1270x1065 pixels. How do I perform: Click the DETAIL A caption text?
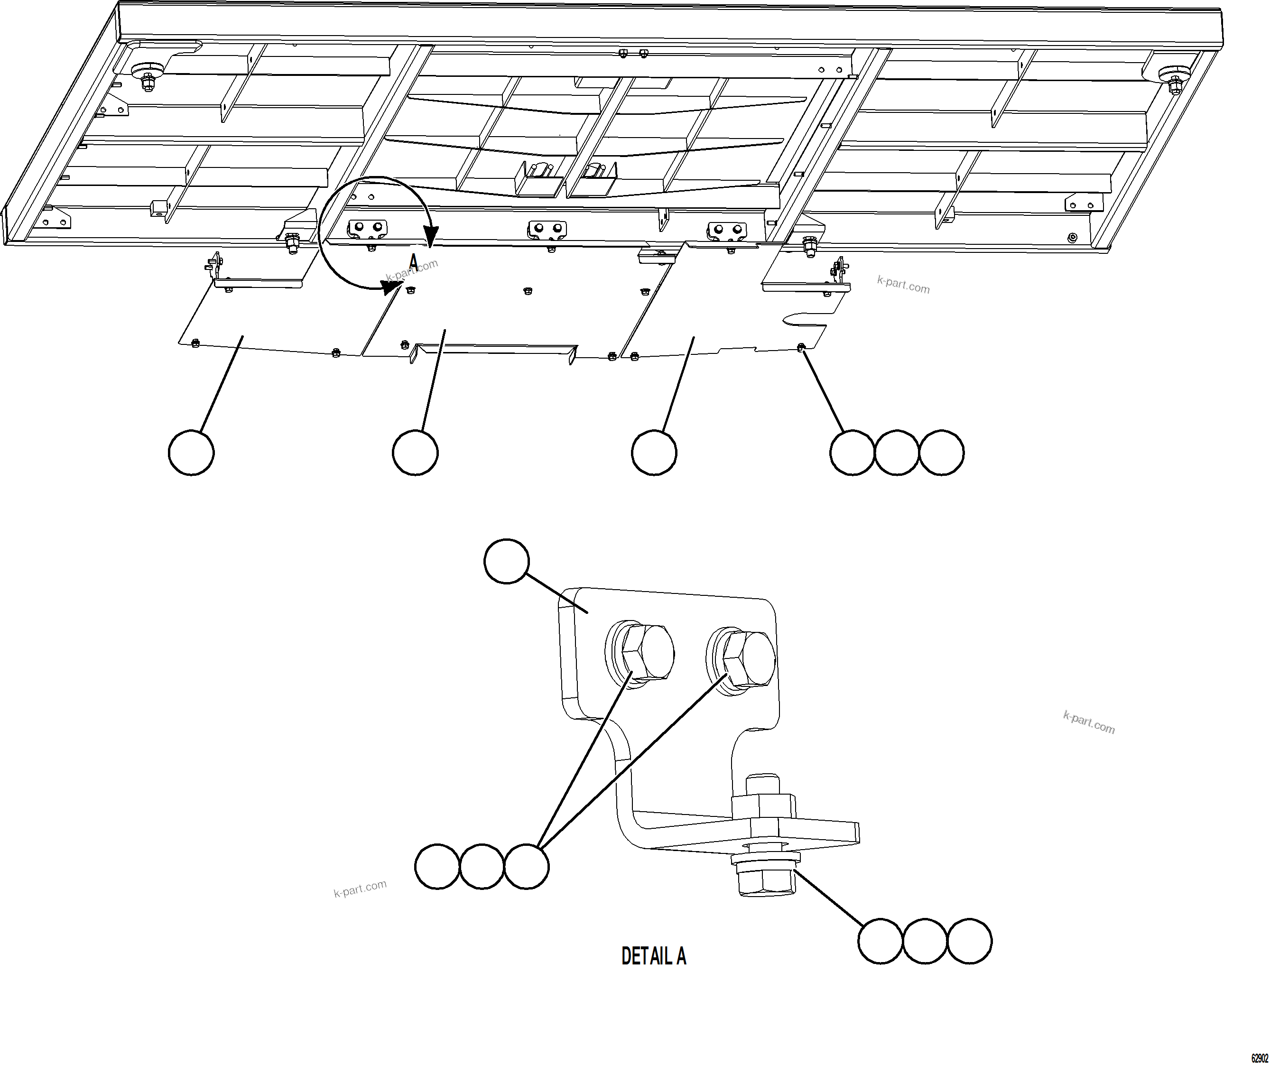point(653,956)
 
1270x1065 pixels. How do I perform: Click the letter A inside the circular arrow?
point(413,260)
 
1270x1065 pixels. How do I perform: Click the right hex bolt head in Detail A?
point(749,659)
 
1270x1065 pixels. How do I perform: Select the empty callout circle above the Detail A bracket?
point(507,561)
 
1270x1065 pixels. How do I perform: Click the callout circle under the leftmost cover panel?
point(191,453)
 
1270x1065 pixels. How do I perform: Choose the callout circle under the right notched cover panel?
point(654,453)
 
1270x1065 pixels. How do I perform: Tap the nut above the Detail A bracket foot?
point(764,806)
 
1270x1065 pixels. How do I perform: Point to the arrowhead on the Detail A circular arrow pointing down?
point(431,236)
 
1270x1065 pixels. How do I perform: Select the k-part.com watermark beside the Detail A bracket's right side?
point(1089,722)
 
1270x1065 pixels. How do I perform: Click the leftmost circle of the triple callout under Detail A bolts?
point(437,867)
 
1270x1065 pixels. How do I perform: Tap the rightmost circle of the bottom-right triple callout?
point(969,941)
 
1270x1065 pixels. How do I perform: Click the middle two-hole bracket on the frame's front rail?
point(547,228)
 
